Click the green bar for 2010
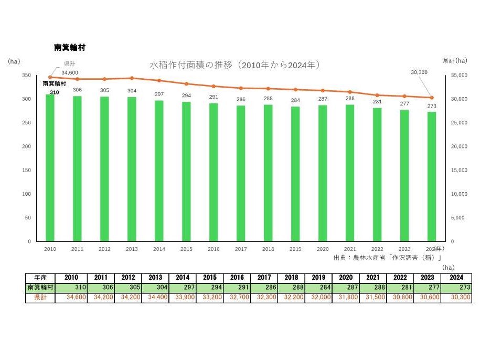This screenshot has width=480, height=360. [x=50, y=168]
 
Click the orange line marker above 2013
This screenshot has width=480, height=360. [x=132, y=78]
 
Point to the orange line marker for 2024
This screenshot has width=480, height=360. [x=432, y=98]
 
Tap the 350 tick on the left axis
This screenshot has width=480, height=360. [x=26, y=76]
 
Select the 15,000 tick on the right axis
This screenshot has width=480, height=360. [x=459, y=170]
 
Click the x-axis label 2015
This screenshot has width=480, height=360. [x=186, y=249]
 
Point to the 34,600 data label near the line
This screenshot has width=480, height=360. [x=70, y=72]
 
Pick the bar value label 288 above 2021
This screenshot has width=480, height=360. [x=349, y=98]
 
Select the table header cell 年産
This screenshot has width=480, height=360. [x=39, y=278]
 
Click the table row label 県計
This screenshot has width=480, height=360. [x=39, y=298]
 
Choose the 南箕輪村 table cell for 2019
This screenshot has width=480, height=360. [x=291, y=288]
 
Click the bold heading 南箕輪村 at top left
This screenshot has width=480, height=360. [x=70, y=47]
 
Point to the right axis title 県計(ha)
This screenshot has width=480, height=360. [x=454, y=60]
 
